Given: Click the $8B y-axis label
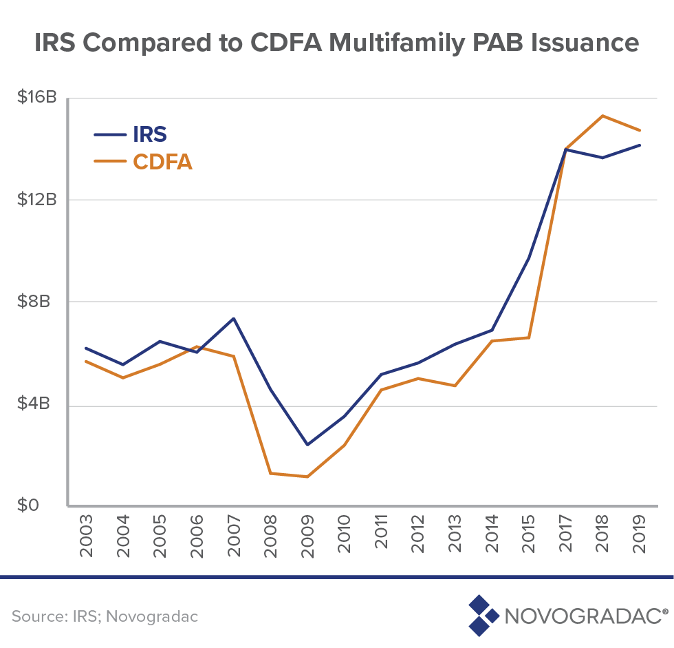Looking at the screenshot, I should (x=41, y=302).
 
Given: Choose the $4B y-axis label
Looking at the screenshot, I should (x=41, y=404).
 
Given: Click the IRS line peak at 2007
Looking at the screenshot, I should (x=234, y=318).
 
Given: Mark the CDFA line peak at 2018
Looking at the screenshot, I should (x=603, y=116).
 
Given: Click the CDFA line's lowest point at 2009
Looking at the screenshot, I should (x=307, y=477).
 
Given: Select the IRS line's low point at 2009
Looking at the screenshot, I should (x=307, y=445).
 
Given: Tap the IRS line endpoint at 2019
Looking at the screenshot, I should (x=640, y=145).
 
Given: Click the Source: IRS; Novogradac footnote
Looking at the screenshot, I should (x=105, y=616).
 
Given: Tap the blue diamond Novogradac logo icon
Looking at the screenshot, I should (x=483, y=615).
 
